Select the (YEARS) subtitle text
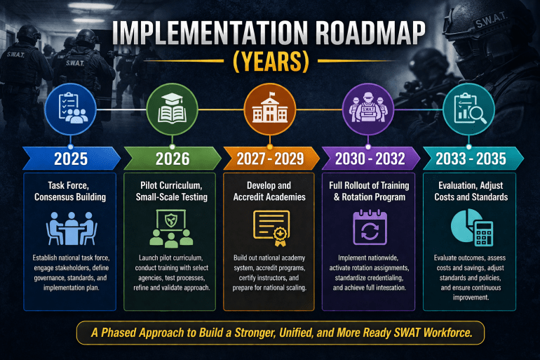pos(270,62)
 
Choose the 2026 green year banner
pos(171,158)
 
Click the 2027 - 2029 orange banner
pos(270,158)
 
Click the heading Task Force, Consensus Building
pos(70,192)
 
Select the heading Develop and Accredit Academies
pos(270,192)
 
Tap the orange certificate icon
pos(270,229)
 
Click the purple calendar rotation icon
pos(369,229)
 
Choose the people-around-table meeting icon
pos(70,229)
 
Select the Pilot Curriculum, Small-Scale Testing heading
pos(170,192)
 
